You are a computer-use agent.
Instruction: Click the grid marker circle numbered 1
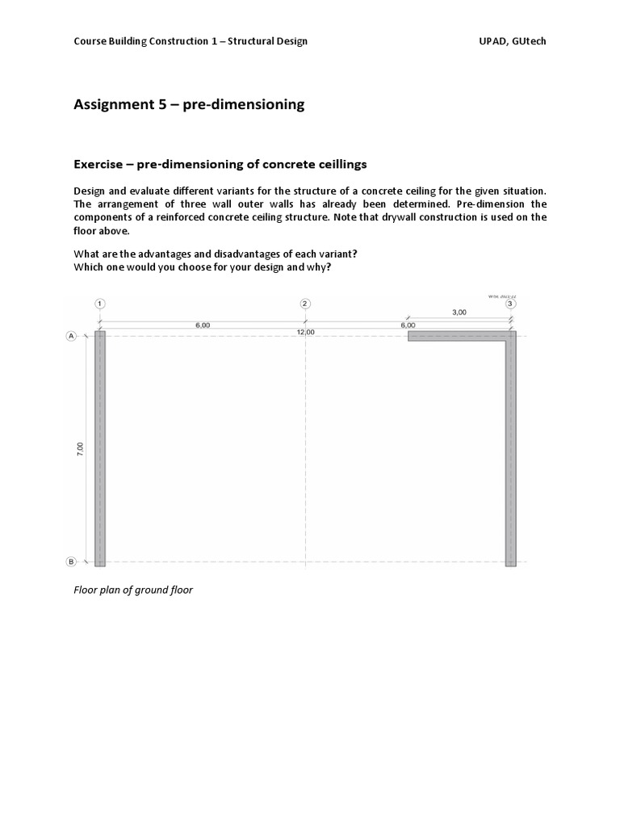coord(99,304)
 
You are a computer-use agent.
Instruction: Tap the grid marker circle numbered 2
coord(305,304)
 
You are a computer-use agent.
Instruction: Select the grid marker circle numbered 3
coord(510,304)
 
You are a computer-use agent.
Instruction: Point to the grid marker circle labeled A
coord(71,336)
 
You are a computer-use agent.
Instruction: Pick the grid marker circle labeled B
coord(71,562)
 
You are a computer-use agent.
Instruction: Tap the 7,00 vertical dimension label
coord(79,449)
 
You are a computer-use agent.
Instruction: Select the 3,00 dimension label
coord(459,312)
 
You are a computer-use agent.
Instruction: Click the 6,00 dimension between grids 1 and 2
coord(203,325)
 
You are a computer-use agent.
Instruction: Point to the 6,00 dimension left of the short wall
coord(408,325)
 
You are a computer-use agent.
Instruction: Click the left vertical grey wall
coord(100,448)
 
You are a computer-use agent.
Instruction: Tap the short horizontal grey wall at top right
coord(457,336)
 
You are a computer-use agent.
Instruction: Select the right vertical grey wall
coord(511,452)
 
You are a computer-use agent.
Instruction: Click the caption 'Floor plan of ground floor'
coord(133,590)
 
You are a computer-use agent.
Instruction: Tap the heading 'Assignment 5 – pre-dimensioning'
coord(189,104)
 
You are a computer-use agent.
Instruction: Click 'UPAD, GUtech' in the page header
coord(513,41)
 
